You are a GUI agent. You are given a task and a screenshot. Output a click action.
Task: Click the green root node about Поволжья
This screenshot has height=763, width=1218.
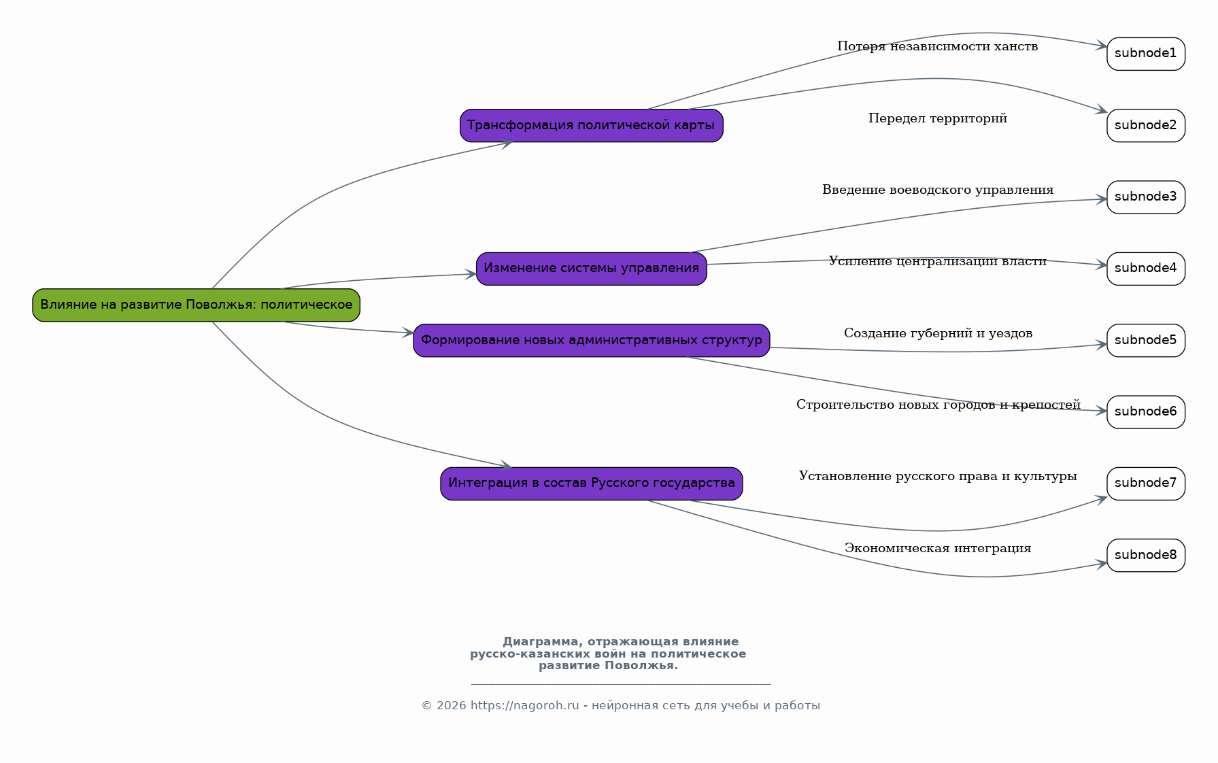coord(196,305)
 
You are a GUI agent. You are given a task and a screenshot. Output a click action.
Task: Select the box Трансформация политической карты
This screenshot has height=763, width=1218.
coord(591,126)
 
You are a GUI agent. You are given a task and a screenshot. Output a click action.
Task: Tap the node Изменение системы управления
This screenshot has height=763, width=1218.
coord(591,269)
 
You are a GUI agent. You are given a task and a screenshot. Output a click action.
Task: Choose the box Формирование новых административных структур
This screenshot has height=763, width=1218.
coord(591,340)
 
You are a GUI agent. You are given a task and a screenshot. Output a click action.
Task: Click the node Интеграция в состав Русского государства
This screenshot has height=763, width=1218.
coord(591,484)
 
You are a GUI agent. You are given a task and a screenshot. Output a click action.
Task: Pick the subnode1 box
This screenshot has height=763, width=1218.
coord(1146,54)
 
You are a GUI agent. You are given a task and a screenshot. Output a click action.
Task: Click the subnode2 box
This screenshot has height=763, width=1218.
coord(1146,126)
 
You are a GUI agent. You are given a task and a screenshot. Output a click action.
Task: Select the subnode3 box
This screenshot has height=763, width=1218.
coord(1146,197)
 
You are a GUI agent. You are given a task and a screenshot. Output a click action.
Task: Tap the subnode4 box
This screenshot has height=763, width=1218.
coord(1146,269)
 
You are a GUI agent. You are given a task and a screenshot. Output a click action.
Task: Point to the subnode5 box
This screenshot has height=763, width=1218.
coord(1146,340)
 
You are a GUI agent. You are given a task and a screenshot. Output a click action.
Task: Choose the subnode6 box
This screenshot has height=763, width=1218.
coord(1146,412)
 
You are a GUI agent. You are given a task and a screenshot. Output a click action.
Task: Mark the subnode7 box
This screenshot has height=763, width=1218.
coord(1146,484)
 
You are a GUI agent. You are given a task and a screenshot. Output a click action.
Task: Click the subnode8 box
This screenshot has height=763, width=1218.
coord(1146,555)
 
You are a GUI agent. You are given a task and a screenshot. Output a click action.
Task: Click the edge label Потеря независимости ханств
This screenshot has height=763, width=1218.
coord(937,46)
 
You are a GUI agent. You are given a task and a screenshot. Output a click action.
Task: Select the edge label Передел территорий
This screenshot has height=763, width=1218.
coord(938,118)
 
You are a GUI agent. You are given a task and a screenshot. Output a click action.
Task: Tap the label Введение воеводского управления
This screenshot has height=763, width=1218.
coord(938,190)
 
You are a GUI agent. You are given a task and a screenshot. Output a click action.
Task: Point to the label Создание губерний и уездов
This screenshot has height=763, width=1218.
coord(938,333)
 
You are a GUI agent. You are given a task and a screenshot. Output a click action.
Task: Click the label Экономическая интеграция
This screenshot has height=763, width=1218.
coord(938,548)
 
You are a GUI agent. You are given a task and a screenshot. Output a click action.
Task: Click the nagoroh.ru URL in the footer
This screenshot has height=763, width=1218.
coord(524,706)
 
